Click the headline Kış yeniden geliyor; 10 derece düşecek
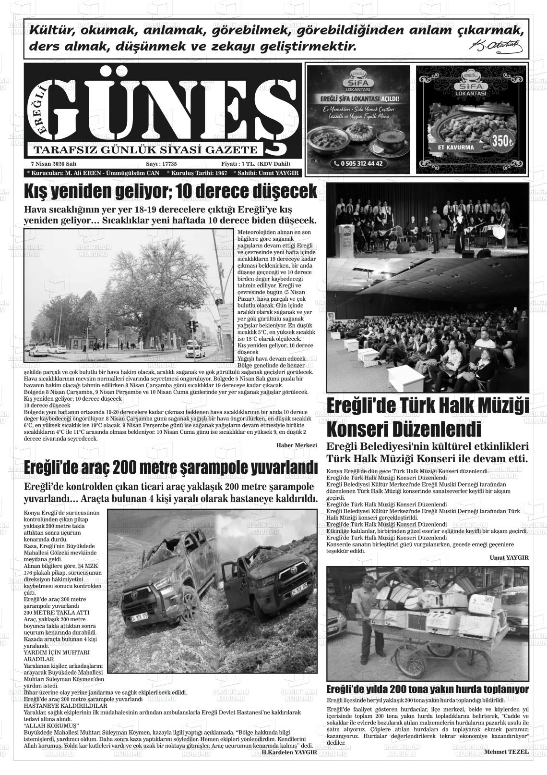click(x=170, y=192)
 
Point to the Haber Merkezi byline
click(x=297, y=445)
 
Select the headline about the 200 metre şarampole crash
click(x=170, y=467)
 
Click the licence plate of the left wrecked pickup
click(x=138, y=614)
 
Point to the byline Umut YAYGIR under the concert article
click(x=509, y=557)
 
